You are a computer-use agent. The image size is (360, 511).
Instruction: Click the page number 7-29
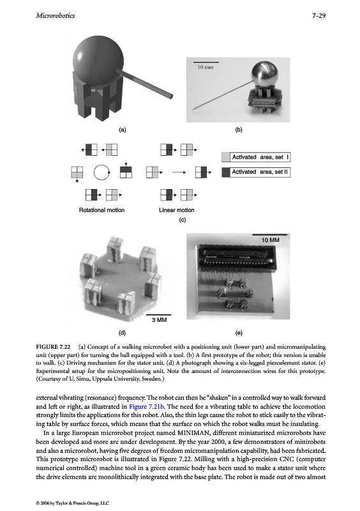pos(319,15)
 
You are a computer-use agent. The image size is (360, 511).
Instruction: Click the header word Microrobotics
pos(56,15)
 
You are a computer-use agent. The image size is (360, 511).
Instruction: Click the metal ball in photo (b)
pos(265,74)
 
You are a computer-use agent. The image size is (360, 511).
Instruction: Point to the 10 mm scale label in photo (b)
pos(206,67)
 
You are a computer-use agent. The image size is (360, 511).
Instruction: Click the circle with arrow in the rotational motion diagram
pos(101,172)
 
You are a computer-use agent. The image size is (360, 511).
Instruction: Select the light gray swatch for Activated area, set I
pos(226,157)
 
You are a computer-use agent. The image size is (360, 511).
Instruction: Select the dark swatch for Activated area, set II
pos(226,172)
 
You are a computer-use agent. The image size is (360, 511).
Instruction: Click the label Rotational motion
pos(101,210)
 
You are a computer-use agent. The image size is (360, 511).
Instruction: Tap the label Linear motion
pos(177,210)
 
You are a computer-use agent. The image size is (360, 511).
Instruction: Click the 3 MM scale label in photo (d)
pos(160,320)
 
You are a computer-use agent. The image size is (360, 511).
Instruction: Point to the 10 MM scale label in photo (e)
pos(271,240)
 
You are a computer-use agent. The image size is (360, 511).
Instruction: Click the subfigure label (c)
pos(183,220)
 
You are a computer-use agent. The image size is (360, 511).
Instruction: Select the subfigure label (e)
pos(239,333)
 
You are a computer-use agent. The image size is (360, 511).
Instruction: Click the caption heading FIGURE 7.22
pos(53,347)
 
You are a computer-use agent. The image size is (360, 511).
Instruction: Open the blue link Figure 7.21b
pos(147,406)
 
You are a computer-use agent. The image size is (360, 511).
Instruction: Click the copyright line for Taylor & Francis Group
pos(73,503)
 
